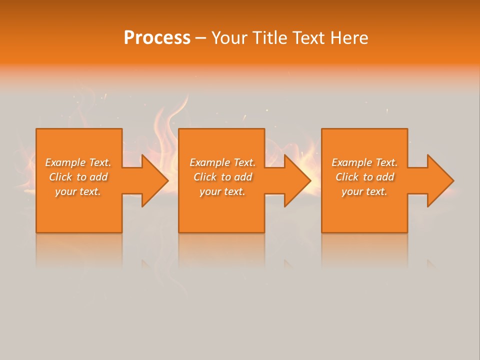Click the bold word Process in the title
tap(157, 38)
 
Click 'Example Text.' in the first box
tap(78, 162)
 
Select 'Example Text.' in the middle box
tap(222, 162)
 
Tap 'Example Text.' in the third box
tap(364, 162)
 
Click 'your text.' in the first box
tap(78, 191)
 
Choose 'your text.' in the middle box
tap(222, 191)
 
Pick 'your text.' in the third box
tap(364, 191)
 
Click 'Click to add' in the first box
tap(78, 177)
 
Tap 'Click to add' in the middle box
tap(222, 177)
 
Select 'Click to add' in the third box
tap(364, 177)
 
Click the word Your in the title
tap(228, 38)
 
